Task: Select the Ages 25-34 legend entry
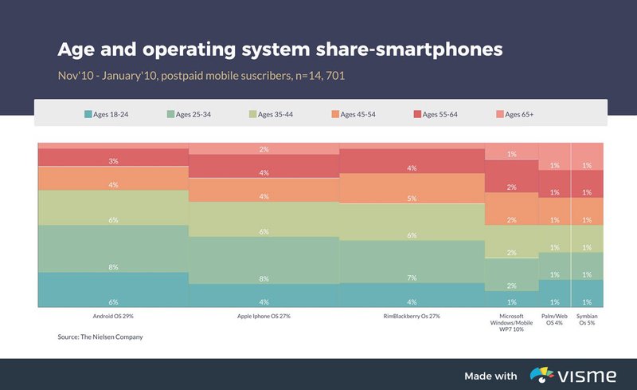tap(188, 115)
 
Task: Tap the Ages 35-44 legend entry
tap(271, 115)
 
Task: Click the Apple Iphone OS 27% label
tap(264, 316)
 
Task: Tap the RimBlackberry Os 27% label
tap(412, 316)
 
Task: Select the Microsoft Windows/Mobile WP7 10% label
tap(512, 323)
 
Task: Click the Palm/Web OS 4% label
tap(555, 319)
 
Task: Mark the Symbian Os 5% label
tap(588, 319)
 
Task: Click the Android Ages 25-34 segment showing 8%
tap(113, 249)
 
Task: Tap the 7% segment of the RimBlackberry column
tap(412, 262)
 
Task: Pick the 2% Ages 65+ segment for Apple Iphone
tap(264, 149)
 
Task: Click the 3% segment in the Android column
tap(113, 157)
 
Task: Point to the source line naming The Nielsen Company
tap(100, 337)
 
